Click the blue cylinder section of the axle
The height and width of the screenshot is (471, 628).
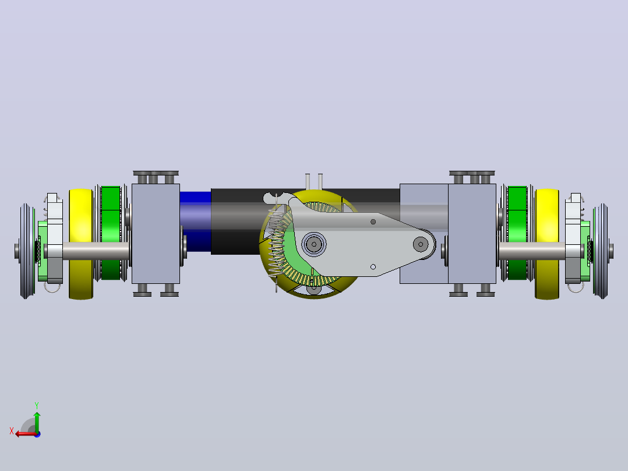click(x=196, y=222)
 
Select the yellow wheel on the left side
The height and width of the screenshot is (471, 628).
click(x=81, y=244)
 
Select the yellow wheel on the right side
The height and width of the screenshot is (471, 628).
click(x=547, y=244)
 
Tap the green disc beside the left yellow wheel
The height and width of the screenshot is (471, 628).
click(x=111, y=233)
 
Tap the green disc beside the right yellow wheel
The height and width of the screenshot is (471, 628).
click(x=517, y=233)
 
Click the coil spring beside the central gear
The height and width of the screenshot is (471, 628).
click(x=276, y=244)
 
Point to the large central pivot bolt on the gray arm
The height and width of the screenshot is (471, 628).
click(x=314, y=244)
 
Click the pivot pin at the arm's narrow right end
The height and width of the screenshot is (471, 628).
click(x=421, y=244)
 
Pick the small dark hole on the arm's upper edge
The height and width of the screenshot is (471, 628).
click(x=373, y=222)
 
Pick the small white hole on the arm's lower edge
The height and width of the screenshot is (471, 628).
click(x=373, y=267)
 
